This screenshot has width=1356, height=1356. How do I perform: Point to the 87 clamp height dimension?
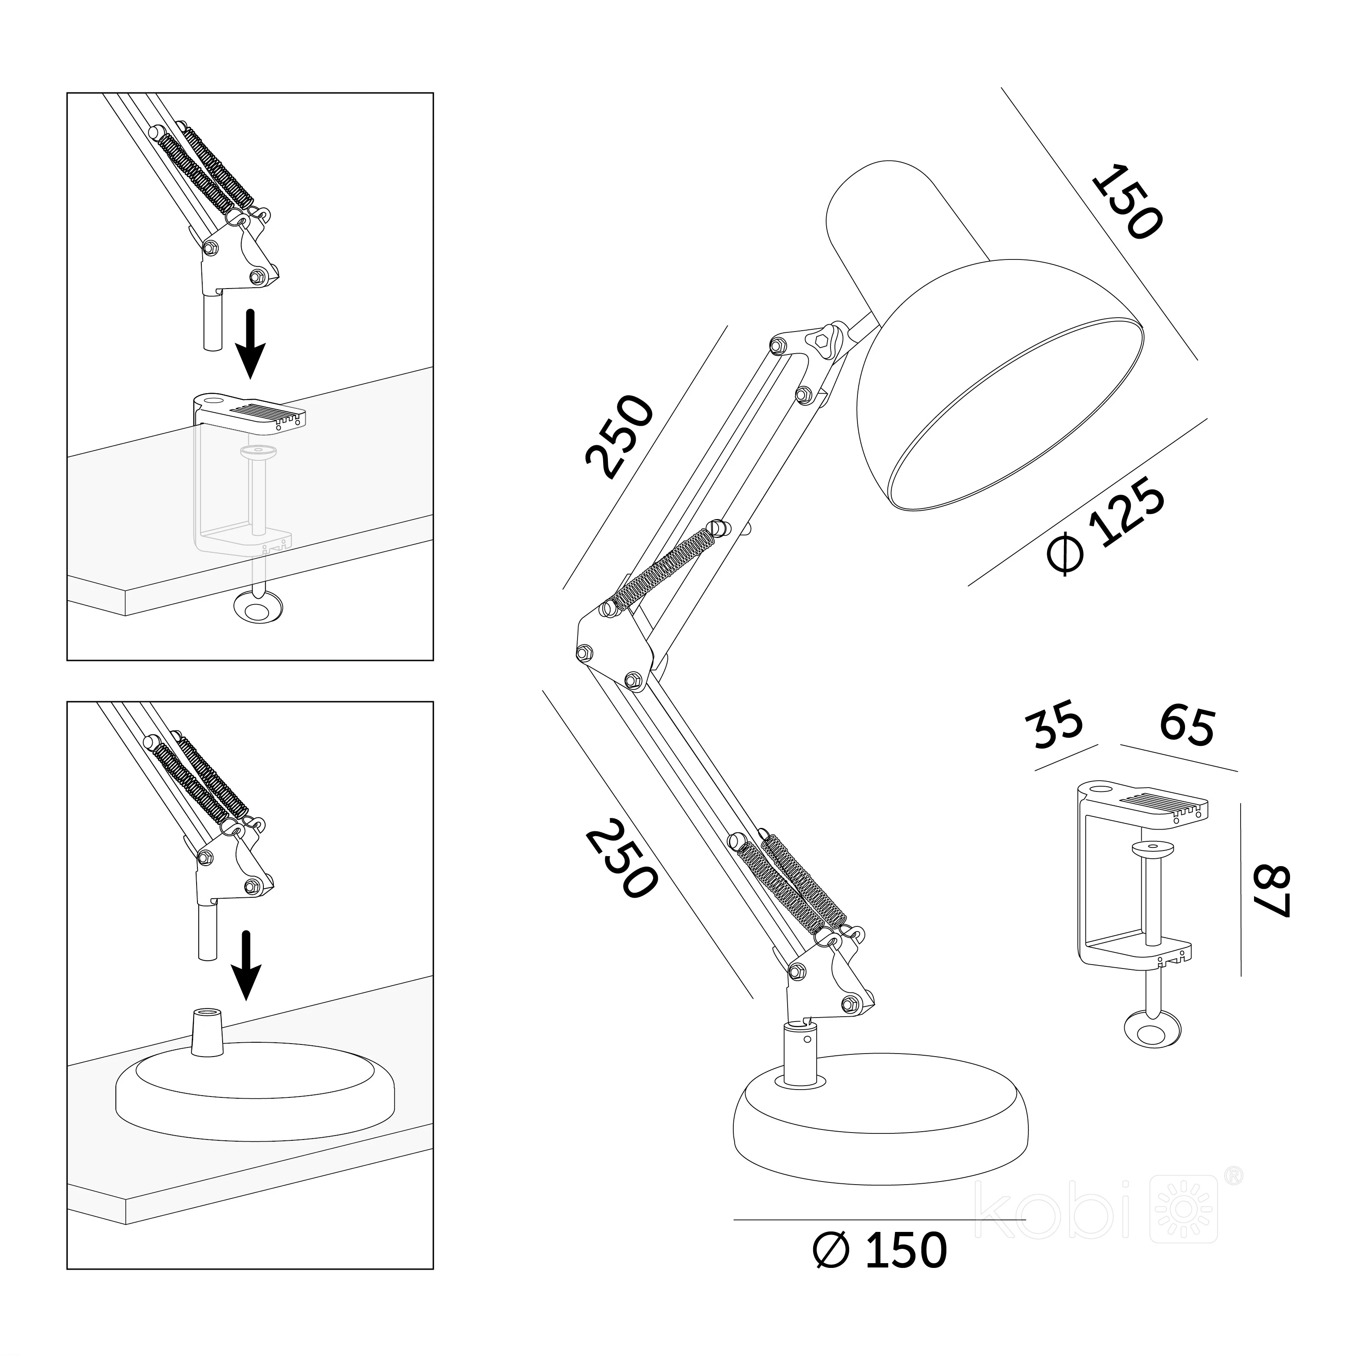[1271, 891]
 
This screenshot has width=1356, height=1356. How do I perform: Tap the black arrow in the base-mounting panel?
[246, 965]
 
